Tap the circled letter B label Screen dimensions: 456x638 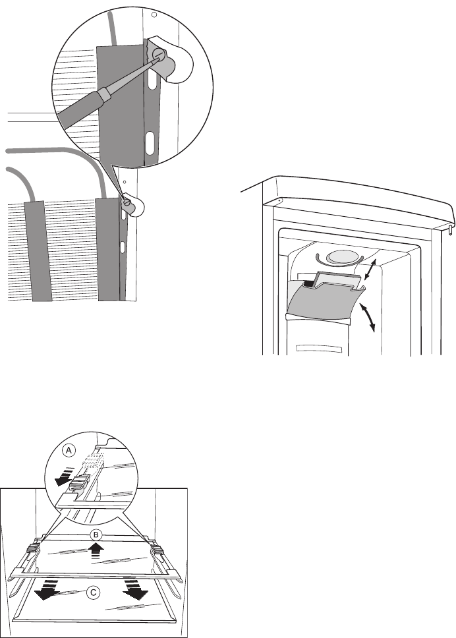point(96,534)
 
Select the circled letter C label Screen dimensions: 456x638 point(94,594)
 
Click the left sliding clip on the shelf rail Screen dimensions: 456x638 point(34,548)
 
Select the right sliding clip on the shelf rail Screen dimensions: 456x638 point(159,548)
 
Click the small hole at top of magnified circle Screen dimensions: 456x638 point(154,14)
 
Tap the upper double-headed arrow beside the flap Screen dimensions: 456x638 point(371,270)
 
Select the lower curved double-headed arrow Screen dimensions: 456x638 point(371,316)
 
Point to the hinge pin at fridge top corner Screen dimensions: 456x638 point(451,229)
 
